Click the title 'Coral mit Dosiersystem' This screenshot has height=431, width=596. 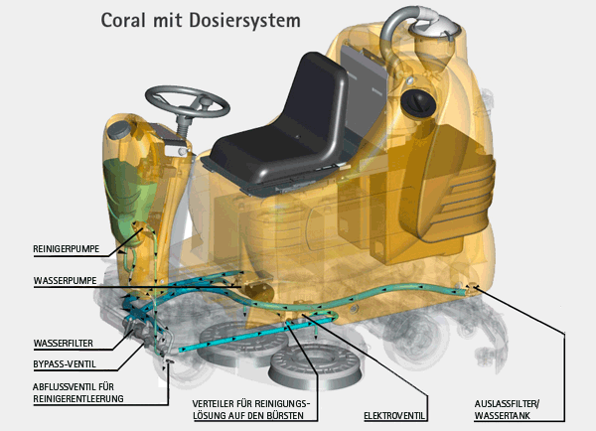click(x=199, y=20)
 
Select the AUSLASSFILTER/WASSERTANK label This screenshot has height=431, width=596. click(x=517, y=410)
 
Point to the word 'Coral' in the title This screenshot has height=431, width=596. click(x=122, y=20)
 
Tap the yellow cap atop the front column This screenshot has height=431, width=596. click(x=124, y=131)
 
